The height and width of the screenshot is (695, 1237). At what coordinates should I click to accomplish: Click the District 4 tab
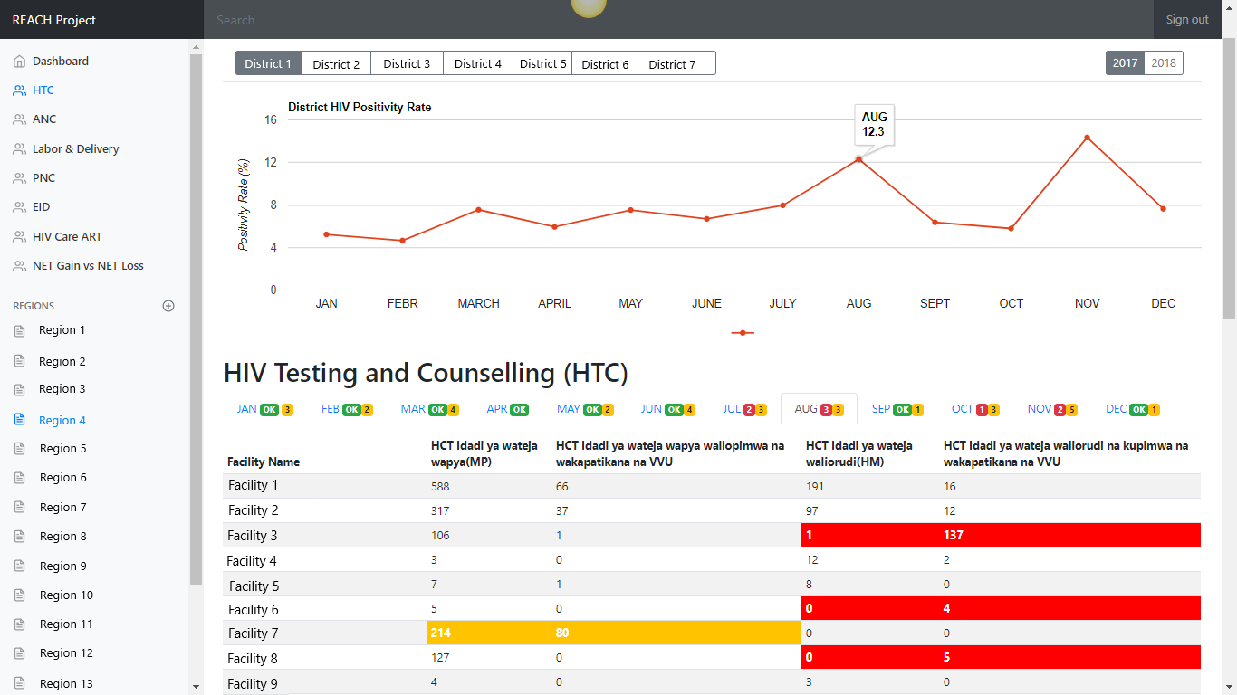(x=477, y=63)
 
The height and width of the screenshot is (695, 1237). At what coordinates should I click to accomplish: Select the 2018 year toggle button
(x=1164, y=63)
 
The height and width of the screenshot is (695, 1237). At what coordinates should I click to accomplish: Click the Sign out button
(x=1186, y=20)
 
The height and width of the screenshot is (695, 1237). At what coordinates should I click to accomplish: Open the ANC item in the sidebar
(x=43, y=119)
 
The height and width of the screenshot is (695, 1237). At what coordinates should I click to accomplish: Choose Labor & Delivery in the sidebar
(x=75, y=149)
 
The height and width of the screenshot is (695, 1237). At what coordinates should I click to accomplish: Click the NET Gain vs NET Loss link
(x=88, y=266)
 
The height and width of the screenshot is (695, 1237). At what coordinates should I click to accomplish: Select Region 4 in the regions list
(x=62, y=421)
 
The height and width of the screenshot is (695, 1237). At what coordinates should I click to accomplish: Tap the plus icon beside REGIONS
(x=168, y=306)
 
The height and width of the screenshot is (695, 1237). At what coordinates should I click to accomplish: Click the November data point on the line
(x=1087, y=138)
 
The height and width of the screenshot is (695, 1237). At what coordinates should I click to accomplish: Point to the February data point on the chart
(x=402, y=241)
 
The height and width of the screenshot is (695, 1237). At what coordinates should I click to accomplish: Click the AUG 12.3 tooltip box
(x=874, y=124)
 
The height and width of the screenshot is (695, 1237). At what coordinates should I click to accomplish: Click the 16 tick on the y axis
(x=270, y=119)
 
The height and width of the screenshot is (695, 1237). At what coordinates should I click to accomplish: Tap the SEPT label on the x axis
(x=935, y=304)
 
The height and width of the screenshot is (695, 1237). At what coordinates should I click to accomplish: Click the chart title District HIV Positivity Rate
(x=360, y=108)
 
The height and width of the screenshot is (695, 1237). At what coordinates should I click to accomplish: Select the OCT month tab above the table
(x=974, y=409)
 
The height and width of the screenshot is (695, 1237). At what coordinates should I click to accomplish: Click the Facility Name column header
(x=264, y=462)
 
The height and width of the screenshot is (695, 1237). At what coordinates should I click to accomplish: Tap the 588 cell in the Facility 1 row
(x=441, y=487)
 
